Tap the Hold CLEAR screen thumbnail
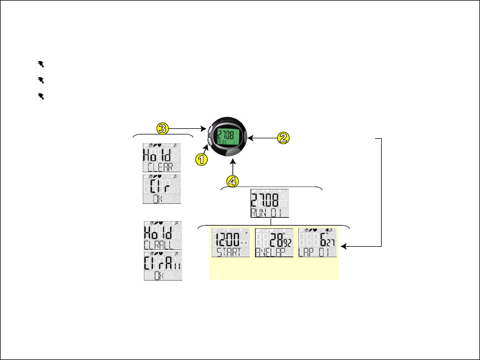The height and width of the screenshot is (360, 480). tap(162, 157)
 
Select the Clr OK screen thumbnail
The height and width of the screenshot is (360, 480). tap(162, 189)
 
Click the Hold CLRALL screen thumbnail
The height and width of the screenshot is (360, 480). tap(162, 236)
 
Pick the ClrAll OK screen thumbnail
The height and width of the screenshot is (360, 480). tap(162, 267)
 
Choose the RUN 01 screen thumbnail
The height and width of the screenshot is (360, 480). tap(269, 203)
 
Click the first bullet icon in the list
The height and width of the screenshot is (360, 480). tap(41, 64)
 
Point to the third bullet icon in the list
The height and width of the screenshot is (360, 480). tap(41, 96)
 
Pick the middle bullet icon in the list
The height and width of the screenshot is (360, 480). tap(41, 80)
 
